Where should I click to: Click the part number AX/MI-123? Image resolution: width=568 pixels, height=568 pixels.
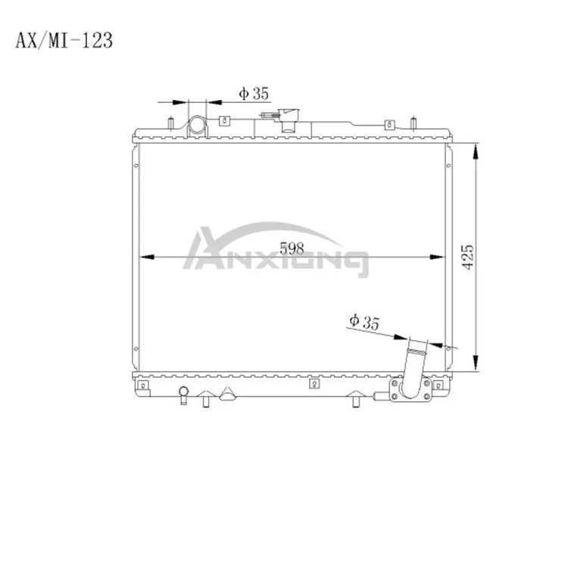pyautogui.click(x=64, y=40)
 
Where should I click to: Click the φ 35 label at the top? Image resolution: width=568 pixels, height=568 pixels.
pyautogui.click(x=254, y=94)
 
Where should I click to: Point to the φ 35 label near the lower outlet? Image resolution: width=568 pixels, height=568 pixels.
pyautogui.click(x=364, y=320)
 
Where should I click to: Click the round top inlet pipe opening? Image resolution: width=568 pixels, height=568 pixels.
pyautogui.click(x=198, y=125)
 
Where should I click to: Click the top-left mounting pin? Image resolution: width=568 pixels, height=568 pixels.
pyautogui.click(x=171, y=121)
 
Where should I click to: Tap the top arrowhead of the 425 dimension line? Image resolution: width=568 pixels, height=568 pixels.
pyautogui.click(x=475, y=151)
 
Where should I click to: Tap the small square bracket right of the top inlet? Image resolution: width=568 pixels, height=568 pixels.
pyautogui.click(x=225, y=120)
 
